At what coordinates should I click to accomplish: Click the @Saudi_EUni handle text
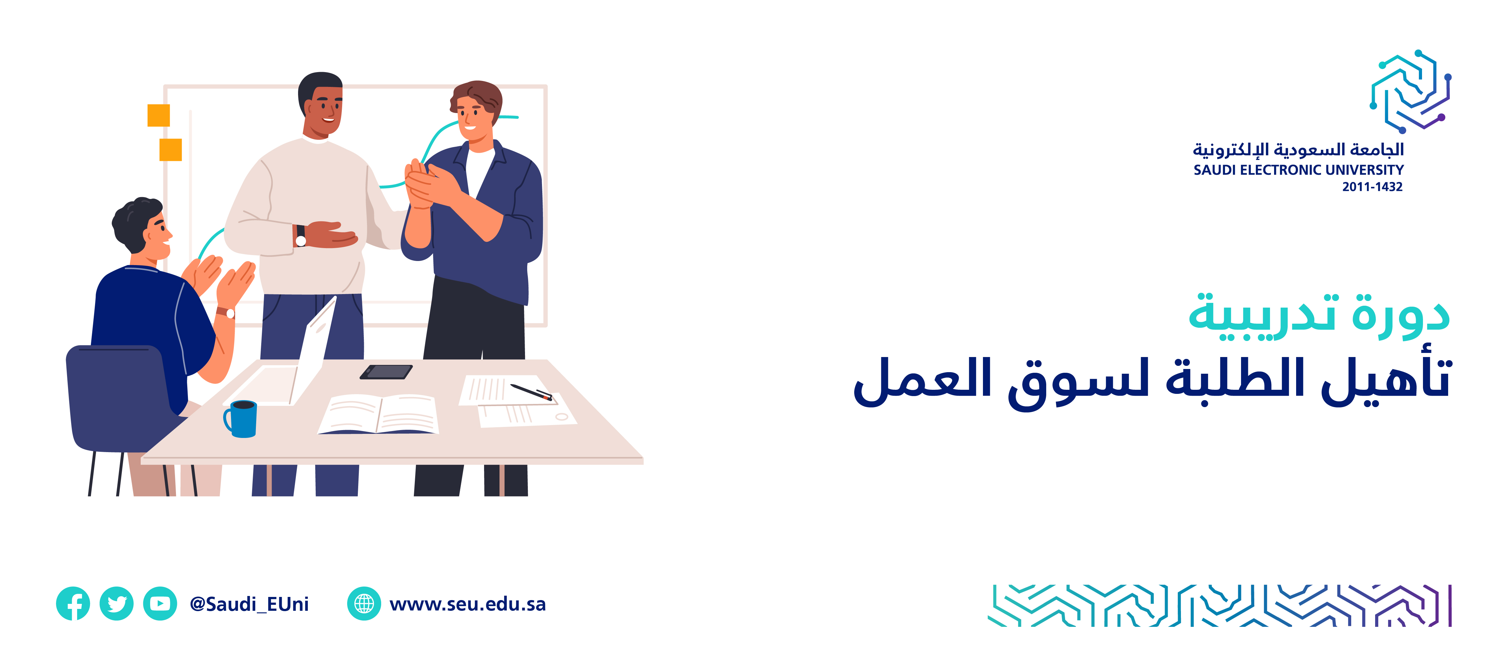coord(249,604)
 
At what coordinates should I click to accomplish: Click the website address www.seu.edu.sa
coord(467,604)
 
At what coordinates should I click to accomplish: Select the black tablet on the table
coord(386,372)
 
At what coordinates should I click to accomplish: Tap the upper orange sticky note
coord(159,115)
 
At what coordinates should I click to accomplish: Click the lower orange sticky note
coord(171,150)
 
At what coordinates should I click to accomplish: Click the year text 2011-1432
coord(1372,187)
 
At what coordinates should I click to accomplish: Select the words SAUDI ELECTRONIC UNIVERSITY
coord(1299,170)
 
